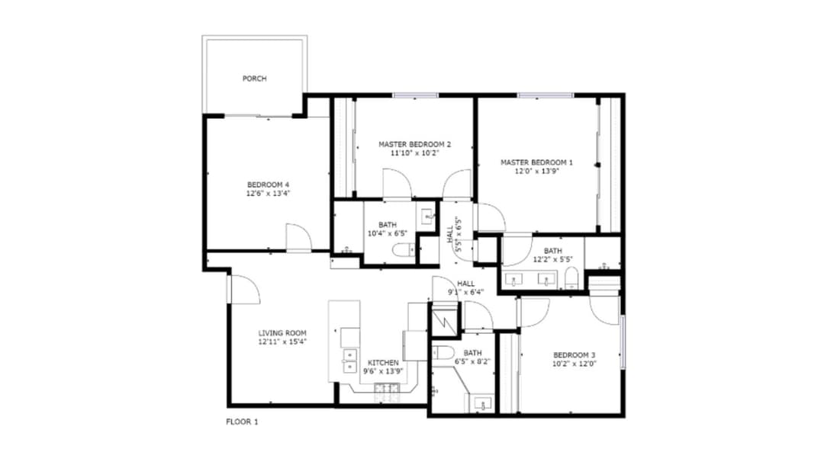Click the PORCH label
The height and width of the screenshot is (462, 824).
(x=254, y=79)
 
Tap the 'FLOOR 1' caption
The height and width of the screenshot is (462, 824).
(x=242, y=421)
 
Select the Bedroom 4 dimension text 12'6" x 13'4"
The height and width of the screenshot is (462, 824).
(x=268, y=194)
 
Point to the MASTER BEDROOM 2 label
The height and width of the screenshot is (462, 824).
(x=415, y=143)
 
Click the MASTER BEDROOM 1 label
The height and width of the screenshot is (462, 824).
(x=536, y=162)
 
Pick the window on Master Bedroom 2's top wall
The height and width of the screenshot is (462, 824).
(x=416, y=95)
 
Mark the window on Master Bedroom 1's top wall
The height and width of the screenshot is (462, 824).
(x=546, y=95)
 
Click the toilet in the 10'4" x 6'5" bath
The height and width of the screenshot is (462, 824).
(x=402, y=249)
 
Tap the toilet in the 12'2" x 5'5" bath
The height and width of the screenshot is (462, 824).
(x=571, y=279)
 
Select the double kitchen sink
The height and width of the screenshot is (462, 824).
(x=350, y=359)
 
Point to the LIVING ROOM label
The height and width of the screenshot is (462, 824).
(x=282, y=333)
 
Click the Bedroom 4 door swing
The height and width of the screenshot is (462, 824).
(x=298, y=237)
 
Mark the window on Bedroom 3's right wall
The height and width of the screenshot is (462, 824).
(x=623, y=342)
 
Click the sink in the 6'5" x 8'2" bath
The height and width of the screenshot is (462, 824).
(x=482, y=403)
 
